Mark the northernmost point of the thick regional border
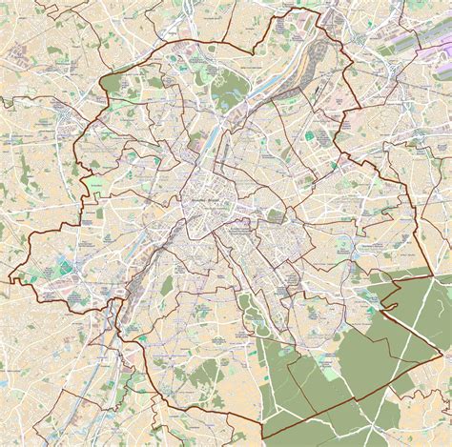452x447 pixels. pyautogui.click(x=314, y=8)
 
